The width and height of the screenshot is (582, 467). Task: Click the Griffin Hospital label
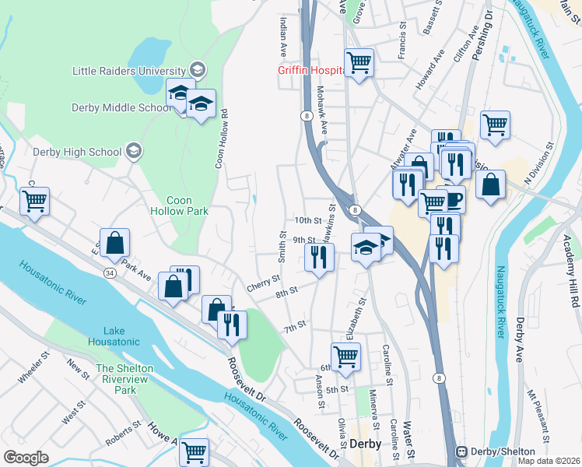pos(311,70)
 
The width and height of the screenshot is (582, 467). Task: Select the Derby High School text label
pos(77,152)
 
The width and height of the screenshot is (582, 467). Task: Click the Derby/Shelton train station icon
pos(461,451)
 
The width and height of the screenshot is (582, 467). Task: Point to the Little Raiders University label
pos(129,70)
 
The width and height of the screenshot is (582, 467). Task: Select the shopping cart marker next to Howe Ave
pos(193,451)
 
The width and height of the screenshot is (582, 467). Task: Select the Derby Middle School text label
pos(121,108)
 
